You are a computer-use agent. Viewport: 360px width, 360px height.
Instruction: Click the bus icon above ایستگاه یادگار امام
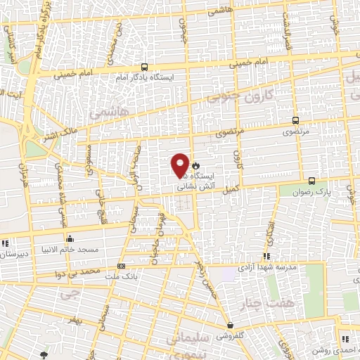pyautogui.click(x=145, y=65)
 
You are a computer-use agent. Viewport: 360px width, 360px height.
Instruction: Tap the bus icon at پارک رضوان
pyautogui.click(x=311, y=180)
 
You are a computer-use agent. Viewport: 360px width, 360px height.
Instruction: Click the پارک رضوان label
pyautogui.click(x=311, y=191)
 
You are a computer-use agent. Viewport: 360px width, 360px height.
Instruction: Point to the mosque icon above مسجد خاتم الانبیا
pyautogui.click(x=70, y=238)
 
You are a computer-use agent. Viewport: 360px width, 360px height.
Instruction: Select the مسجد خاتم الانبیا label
pyautogui.click(x=70, y=249)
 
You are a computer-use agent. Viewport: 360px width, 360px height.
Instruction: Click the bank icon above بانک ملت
pyautogui.click(x=122, y=266)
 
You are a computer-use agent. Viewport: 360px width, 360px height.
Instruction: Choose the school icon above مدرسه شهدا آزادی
pyautogui.click(x=266, y=257)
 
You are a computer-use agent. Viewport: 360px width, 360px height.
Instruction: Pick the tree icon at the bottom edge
pyautogui.click(x=45, y=355)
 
